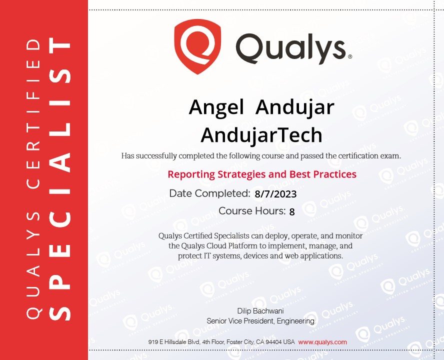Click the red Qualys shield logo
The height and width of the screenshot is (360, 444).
pos(197,46)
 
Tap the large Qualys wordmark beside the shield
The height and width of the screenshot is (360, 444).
pos(290,48)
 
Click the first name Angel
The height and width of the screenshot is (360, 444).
pos(216,108)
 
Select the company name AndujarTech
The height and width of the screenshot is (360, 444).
pos(261,135)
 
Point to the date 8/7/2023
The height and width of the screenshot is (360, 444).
pos(275,194)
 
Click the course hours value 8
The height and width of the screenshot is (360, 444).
pos(292,211)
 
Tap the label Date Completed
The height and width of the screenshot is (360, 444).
pos(209,193)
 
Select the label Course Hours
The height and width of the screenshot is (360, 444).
pos(252,211)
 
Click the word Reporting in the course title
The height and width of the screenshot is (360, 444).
pos(191,174)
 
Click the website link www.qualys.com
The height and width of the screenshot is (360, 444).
pos(322,342)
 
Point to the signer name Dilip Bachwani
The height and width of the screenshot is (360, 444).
pos(260,311)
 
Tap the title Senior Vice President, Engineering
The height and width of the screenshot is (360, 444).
pos(260,321)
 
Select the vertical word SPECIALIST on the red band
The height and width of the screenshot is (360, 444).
pos(59,178)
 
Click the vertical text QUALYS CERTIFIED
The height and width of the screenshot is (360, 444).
pos(33,178)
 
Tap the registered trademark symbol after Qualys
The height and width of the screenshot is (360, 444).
pos(350,56)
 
